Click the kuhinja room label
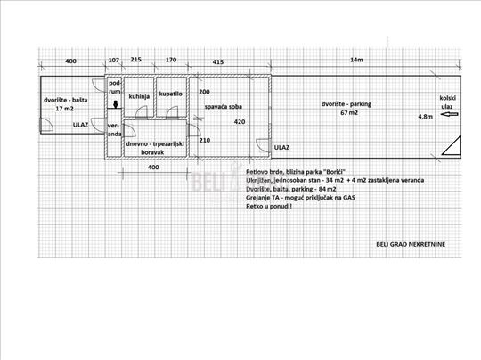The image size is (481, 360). click(x=139, y=96)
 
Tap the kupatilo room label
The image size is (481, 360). click(x=170, y=94)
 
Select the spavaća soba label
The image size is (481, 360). click(x=224, y=107)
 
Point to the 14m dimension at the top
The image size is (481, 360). click(x=356, y=60)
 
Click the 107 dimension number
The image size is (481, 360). click(x=113, y=61)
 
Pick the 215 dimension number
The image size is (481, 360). click(x=136, y=59)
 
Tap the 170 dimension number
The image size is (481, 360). click(x=171, y=60)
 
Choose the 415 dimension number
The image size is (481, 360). click(x=218, y=62)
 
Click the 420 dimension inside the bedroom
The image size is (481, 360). click(x=240, y=122)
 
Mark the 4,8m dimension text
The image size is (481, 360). click(x=426, y=117)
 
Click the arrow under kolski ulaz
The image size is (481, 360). click(x=449, y=114)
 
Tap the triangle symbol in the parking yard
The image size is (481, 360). click(x=452, y=146)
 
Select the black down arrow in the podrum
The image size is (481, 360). click(x=116, y=104)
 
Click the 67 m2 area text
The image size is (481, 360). click(x=349, y=112)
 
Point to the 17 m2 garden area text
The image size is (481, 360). click(x=64, y=109)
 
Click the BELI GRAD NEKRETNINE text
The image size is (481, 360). click(x=411, y=244)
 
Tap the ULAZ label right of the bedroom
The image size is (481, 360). click(x=281, y=148)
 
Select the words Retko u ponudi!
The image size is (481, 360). click(x=269, y=206)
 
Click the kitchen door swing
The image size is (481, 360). click(x=141, y=111)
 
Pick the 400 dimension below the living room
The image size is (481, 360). click(x=153, y=168)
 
